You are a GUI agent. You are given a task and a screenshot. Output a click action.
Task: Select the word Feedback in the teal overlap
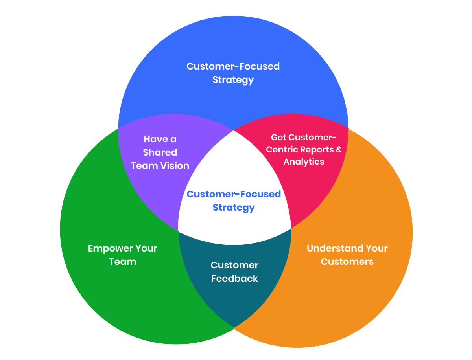coord(234,279)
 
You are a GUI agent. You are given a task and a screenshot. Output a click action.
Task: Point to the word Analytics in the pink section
coord(304,162)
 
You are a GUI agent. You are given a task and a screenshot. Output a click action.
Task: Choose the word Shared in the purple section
coord(160,152)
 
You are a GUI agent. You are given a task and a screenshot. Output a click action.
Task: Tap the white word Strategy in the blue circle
coord(233,80)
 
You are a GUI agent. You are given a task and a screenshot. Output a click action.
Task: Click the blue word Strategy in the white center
coord(234,208)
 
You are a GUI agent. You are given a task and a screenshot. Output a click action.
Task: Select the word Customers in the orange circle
coord(347,262)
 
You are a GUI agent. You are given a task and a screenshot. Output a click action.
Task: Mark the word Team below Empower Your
coord(122,262)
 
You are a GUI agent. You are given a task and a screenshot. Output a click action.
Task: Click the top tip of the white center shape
coord(234,131)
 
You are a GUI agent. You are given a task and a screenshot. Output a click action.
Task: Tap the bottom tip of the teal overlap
coord(234,327)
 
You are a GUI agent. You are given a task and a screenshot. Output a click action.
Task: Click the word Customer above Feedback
coord(234,265)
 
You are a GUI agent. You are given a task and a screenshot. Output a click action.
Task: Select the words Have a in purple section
coord(160,139)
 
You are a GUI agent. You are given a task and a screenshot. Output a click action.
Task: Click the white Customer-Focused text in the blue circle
coord(233,66)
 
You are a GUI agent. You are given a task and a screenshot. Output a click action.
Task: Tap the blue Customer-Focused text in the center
coord(234,194)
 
